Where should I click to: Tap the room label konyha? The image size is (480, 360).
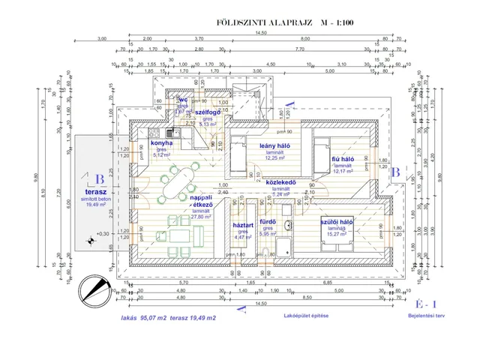(x=162, y=142)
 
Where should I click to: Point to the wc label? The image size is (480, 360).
(x=182, y=100)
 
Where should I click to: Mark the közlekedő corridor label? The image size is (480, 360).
(x=281, y=182)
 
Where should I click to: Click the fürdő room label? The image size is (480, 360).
(x=269, y=222)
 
